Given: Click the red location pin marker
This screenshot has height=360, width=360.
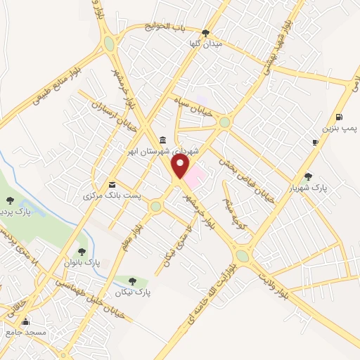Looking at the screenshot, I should click(181, 166).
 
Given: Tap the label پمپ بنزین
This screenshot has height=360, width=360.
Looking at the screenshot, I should click(340, 129).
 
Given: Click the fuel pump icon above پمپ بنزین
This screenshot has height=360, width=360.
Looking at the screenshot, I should click(340, 117).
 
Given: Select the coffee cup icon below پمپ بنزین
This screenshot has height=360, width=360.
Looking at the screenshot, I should click(315, 142).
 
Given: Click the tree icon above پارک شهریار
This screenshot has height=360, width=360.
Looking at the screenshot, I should click(308, 176).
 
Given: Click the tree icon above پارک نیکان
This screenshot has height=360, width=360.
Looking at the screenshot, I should click(132, 281).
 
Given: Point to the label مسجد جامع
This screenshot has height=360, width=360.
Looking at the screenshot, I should click(25, 331).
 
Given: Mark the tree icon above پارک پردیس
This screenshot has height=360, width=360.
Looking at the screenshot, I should click(10, 201).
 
